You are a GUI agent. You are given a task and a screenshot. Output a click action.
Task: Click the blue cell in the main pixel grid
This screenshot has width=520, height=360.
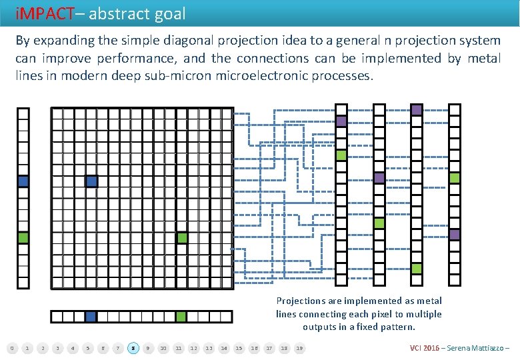(91, 181)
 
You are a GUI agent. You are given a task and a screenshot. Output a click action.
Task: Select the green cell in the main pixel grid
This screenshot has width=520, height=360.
(182, 237)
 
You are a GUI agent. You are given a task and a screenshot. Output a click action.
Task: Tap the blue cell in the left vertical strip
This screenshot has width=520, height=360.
(23, 181)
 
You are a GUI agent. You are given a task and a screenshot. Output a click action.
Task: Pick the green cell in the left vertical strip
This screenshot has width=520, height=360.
(23, 237)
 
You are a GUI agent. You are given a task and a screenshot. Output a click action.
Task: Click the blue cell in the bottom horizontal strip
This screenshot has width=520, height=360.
(91, 317)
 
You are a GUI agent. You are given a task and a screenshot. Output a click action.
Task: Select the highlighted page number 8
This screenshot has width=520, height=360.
(133, 347)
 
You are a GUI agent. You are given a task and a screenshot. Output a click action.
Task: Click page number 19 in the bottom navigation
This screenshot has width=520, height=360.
(299, 347)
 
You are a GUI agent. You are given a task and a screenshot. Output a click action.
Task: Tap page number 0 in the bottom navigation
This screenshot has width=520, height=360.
(11, 347)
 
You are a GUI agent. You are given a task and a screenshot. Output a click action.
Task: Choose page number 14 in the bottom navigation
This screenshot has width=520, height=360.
(224, 347)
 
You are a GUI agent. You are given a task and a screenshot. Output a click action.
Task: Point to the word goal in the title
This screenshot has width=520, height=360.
(169, 13)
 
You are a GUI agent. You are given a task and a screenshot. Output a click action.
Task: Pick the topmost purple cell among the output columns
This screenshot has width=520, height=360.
(417, 110)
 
